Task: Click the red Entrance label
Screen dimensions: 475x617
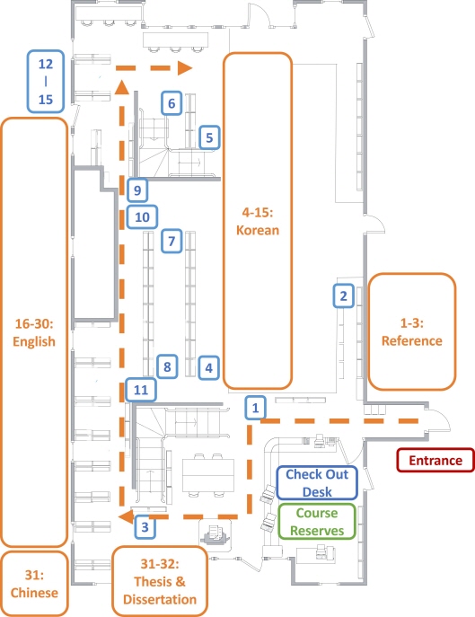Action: coord(435,460)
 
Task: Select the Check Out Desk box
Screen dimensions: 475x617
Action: coord(317,482)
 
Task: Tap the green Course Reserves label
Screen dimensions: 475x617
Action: coord(317,522)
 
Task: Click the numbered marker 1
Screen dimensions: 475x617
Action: coord(255,408)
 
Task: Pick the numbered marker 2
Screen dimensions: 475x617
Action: coord(343,295)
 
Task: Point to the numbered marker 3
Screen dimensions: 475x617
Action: coord(145,527)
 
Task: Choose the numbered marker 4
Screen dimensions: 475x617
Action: coord(208,368)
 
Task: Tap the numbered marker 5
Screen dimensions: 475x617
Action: coord(209,137)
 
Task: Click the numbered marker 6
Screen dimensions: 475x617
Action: coord(172,103)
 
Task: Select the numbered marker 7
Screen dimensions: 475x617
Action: coord(172,241)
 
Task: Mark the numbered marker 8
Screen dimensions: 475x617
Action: coord(167,366)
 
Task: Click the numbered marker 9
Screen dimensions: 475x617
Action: coord(137,190)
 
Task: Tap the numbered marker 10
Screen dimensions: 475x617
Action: coord(142,216)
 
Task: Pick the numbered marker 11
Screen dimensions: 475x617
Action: coord(141,390)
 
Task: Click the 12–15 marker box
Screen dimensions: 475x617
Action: coord(46,82)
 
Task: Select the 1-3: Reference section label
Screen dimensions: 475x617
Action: coord(412,331)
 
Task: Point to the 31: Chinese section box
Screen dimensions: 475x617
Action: coord(34,584)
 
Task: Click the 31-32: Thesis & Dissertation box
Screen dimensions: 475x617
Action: coord(160,581)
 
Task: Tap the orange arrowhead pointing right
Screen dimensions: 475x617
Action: coord(185,67)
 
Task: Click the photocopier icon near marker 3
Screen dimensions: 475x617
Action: coord(215,534)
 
